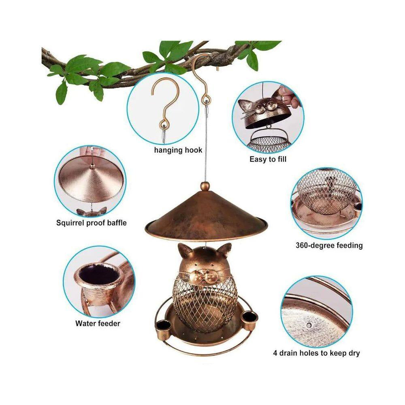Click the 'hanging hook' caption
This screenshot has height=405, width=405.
click(178, 150)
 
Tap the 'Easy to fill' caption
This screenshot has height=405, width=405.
click(268, 159)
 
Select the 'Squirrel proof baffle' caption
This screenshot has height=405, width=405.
click(92, 223)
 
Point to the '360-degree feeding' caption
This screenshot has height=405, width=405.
click(329, 245)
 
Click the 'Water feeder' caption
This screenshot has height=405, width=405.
click(98, 323)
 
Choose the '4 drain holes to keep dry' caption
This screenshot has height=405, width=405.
click(316, 353)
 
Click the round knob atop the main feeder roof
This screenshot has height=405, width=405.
click(206, 186)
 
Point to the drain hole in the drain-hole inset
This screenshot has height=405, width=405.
click(309, 325)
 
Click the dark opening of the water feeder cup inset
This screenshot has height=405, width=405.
click(93, 275)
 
